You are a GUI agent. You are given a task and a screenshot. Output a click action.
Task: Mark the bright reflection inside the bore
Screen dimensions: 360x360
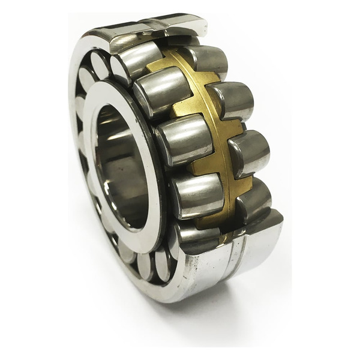tap(108, 180)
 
